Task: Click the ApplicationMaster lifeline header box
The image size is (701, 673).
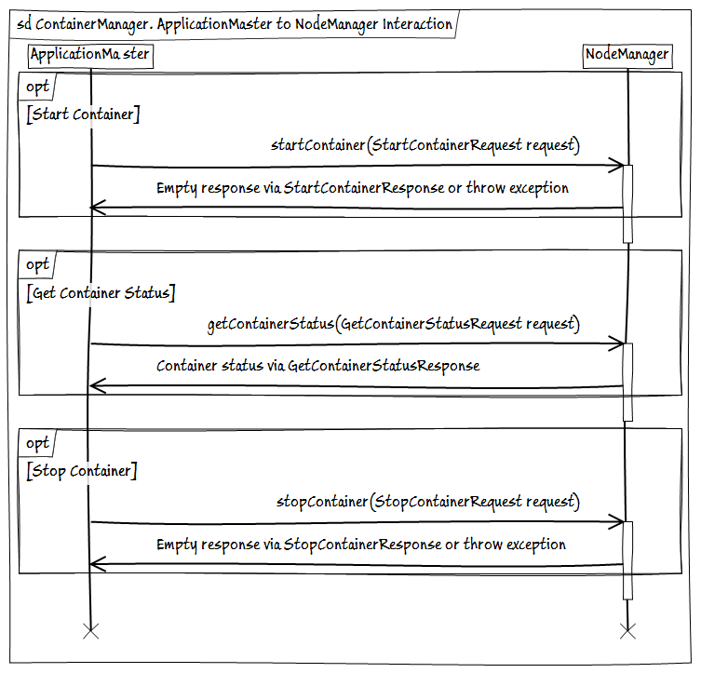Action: pyautogui.click(x=89, y=55)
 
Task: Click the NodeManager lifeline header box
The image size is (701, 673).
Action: pyautogui.click(x=627, y=55)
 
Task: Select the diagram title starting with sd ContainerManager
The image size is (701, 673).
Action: pyautogui.click(x=235, y=24)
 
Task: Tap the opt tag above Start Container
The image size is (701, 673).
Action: pyautogui.click(x=37, y=87)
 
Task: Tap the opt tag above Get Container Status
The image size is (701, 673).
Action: pyautogui.click(x=37, y=265)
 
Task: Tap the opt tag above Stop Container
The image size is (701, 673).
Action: pyautogui.click(x=37, y=443)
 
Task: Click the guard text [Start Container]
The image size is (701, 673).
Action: pyautogui.click(x=84, y=114)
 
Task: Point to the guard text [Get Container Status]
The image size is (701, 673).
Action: pyautogui.click(x=101, y=293)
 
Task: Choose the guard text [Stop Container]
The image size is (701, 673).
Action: pyautogui.click(x=82, y=471)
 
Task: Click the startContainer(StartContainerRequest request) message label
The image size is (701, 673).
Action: pyautogui.click(x=425, y=145)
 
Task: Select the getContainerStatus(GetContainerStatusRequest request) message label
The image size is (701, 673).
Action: pyautogui.click(x=393, y=324)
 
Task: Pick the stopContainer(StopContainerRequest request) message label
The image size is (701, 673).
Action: pyautogui.click(x=427, y=502)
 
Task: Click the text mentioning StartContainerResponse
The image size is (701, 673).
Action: pyautogui.click(x=362, y=188)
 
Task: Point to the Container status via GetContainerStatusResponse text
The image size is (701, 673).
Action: pyautogui.click(x=317, y=366)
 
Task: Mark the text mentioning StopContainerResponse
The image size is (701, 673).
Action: pyautogui.click(x=360, y=544)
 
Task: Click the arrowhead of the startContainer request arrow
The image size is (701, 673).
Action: pyautogui.click(x=616, y=166)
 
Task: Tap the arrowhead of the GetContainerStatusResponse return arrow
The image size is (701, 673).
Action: pyautogui.click(x=96, y=386)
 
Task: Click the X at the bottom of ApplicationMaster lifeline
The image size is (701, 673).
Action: pyautogui.click(x=90, y=632)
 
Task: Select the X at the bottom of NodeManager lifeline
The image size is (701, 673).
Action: pyautogui.click(x=627, y=632)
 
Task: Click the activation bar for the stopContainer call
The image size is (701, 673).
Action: pyautogui.click(x=627, y=559)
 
